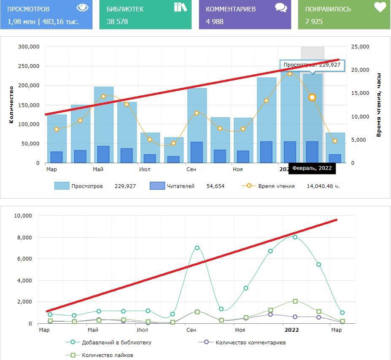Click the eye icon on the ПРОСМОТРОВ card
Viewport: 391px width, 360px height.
click(x=83, y=8)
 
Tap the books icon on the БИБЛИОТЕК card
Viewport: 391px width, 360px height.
click(x=180, y=7)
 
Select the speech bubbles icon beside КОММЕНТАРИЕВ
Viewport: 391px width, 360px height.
click(x=281, y=7)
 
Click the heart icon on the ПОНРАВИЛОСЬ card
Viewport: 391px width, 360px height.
click(x=380, y=7)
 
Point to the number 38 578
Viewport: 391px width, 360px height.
click(x=117, y=21)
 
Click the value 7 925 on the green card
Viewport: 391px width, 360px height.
click(x=314, y=21)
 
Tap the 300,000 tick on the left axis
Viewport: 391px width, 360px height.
click(x=29, y=47)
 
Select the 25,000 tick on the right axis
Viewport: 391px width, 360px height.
click(x=360, y=47)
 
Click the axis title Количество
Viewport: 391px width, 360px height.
click(x=11, y=105)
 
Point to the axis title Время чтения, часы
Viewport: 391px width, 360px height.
click(x=379, y=105)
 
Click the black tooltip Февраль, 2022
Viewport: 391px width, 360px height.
click(x=312, y=168)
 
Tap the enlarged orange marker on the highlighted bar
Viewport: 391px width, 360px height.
click(x=312, y=97)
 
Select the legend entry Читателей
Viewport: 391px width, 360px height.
click(x=181, y=186)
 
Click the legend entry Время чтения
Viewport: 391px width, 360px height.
click(x=276, y=186)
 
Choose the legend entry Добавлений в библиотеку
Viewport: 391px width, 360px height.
click(x=116, y=342)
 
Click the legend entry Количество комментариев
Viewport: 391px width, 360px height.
click(x=251, y=342)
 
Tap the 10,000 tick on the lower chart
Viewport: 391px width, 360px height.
click(x=23, y=216)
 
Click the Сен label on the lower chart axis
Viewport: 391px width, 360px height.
click(x=191, y=330)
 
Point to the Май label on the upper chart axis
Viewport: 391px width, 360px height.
click(x=98, y=169)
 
